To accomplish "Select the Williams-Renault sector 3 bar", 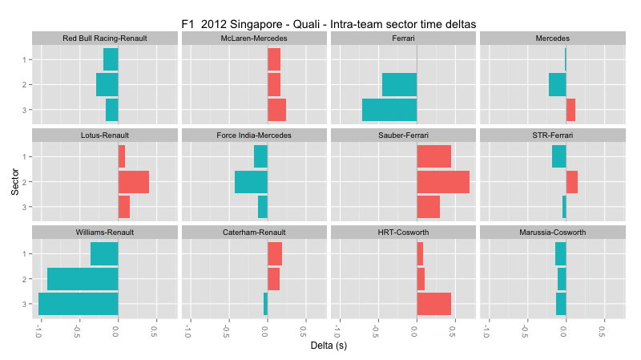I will pos(79,304).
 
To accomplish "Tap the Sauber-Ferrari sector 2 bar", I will pos(443,182).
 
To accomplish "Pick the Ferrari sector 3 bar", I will pos(389,110).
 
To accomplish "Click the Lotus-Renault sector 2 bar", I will pos(134,182).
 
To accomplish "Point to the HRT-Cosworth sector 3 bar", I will pos(433,304).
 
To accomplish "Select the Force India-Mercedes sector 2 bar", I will pos(251,182).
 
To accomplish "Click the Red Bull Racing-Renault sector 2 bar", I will pos(107,84).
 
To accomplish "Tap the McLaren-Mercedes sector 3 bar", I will pos(276,110).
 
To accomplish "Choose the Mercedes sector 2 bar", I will pos(558,84).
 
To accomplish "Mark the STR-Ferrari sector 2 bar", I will pos(572,182).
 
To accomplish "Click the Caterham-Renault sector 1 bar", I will pos(275,253).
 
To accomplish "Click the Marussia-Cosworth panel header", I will pos(553,233).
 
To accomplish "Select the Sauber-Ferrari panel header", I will pos(404,136).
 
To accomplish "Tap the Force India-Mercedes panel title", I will pos(254,136).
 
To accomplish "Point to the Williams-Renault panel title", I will pos(105,233).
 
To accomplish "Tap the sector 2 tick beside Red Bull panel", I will pos(26,84).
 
